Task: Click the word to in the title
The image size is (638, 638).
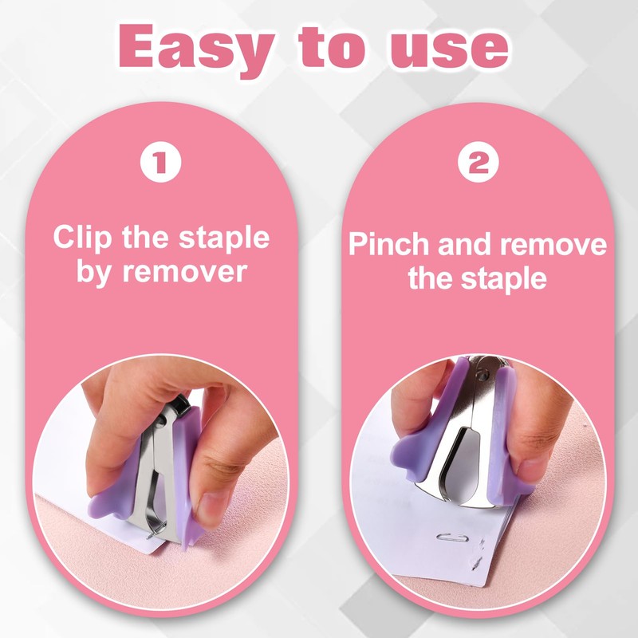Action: [x=333, y=49]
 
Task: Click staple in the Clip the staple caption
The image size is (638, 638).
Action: [x=226, y=238]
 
